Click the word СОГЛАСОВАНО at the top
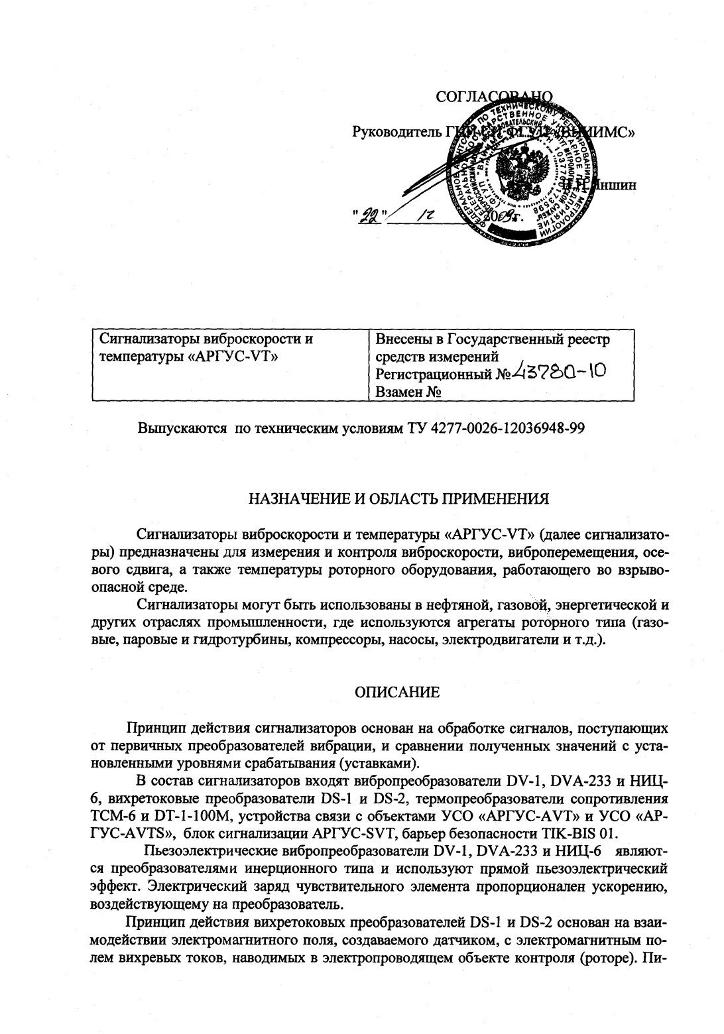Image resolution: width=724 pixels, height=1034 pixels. point(494,97)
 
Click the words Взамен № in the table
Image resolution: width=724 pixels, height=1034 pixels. point(408,392)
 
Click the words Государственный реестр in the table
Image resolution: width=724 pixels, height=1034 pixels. point(529,340)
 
